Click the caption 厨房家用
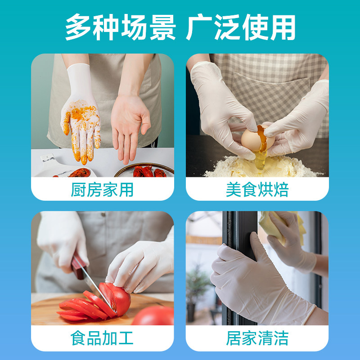point(102,190)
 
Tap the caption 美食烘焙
point(257,190)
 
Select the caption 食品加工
point(102,338)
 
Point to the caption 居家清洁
point(257,338)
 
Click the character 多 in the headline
point(79,28)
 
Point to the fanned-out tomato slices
point(81,306)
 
